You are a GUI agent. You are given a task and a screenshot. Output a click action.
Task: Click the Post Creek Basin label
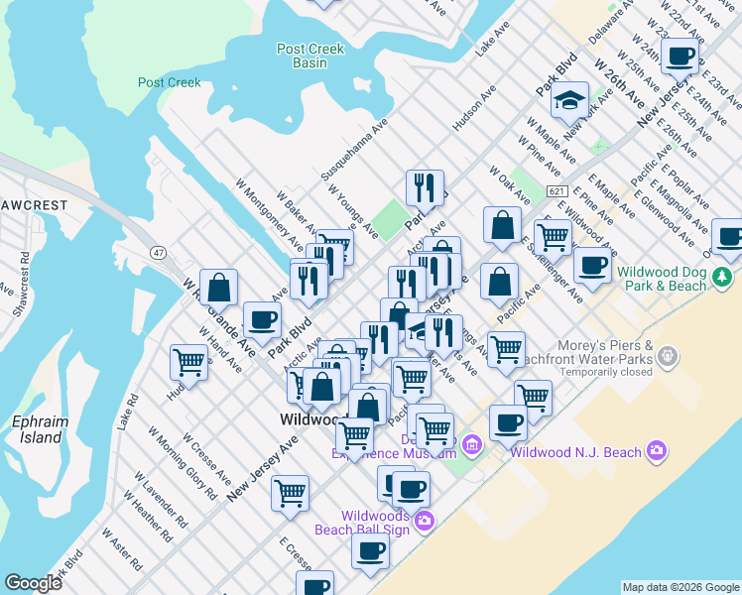tap(310, 56)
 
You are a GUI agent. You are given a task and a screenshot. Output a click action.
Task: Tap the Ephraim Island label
tap(40, 429)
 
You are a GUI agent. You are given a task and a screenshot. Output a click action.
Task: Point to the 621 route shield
tap(556, 191)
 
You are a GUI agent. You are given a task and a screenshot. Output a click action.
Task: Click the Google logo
tap(33, 583)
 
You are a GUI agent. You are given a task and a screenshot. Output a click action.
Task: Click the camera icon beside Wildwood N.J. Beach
tap(656, 452)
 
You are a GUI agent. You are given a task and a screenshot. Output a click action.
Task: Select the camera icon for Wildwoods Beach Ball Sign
tap(425, 520)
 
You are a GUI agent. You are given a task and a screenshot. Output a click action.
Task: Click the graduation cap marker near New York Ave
tap(570, 99)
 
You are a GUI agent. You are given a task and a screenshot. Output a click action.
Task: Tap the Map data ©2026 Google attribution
tap(680, 587)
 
